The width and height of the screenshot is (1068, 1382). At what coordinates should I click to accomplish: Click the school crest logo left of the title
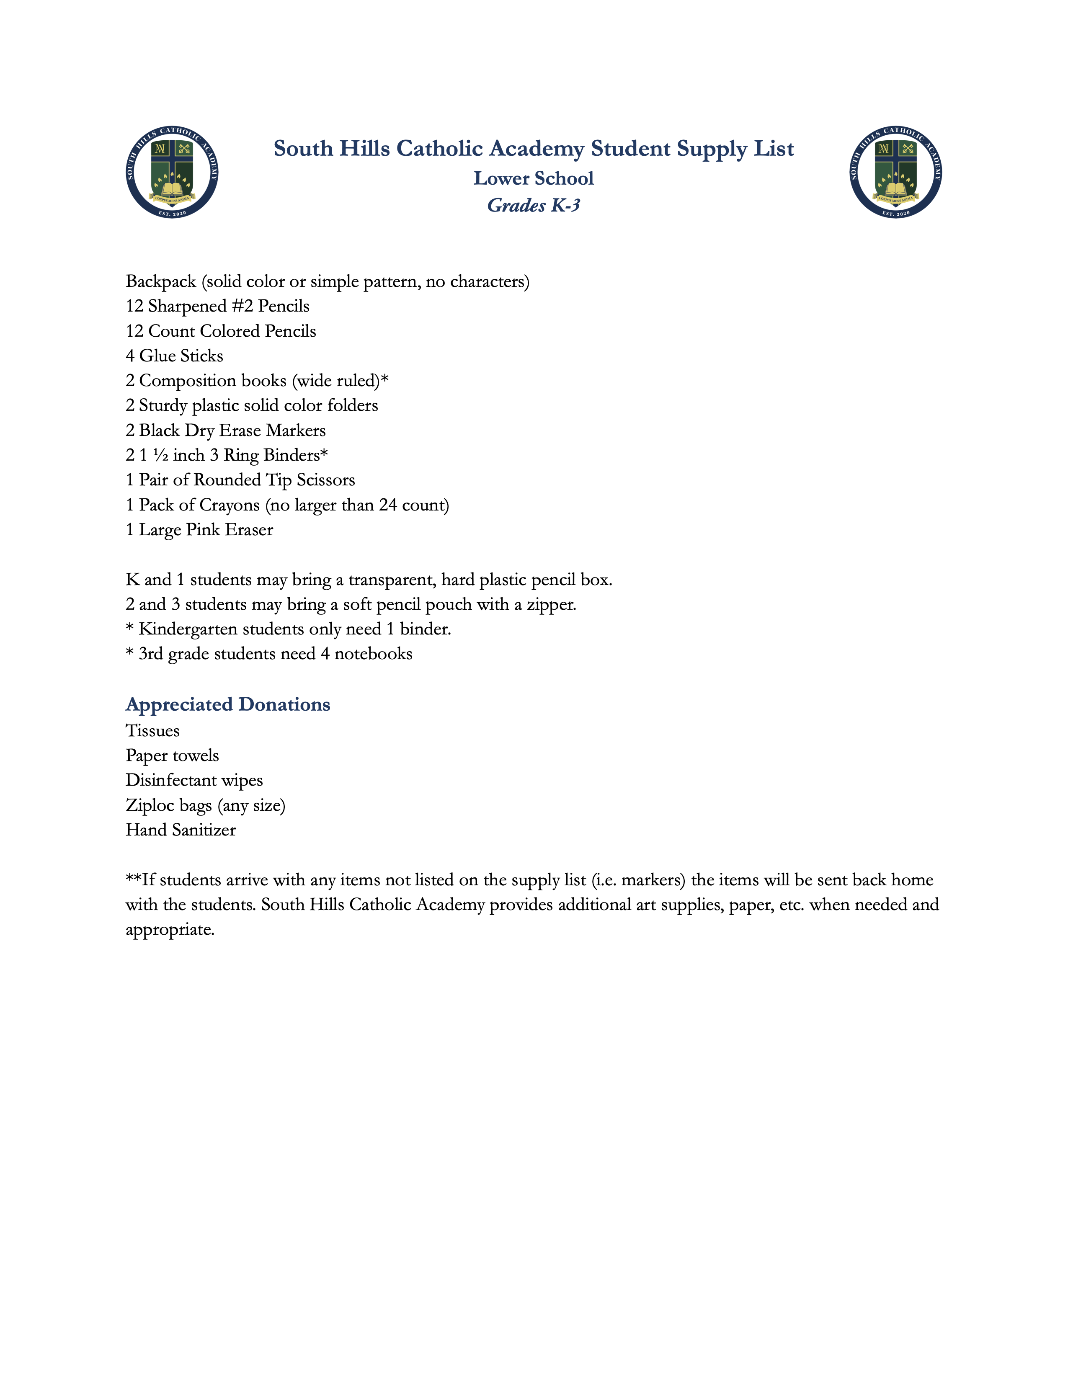tap(172, 172)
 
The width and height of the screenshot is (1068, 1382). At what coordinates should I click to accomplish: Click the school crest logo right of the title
tap(896, 172)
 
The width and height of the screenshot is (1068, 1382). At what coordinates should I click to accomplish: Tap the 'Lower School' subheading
tap(533, 178)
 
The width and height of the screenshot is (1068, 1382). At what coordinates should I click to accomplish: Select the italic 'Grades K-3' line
tap(533, 206)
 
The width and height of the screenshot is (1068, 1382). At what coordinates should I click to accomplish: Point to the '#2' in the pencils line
tap(242, 306)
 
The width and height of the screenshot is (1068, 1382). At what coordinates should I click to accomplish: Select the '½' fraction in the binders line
tap(161, 456)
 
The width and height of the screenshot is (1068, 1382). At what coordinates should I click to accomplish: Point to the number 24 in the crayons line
tap(387, 505)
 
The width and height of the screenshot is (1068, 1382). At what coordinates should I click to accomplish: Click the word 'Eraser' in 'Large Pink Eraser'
tap(249, 530)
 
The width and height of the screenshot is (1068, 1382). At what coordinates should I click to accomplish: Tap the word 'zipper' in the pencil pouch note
tap(550, 605)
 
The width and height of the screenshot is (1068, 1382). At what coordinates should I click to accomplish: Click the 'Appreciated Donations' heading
tap(228, 704)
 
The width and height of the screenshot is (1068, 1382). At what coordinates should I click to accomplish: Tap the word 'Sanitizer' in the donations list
tap(203, 830)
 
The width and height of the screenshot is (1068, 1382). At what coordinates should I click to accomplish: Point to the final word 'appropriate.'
tap(170, 930)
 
